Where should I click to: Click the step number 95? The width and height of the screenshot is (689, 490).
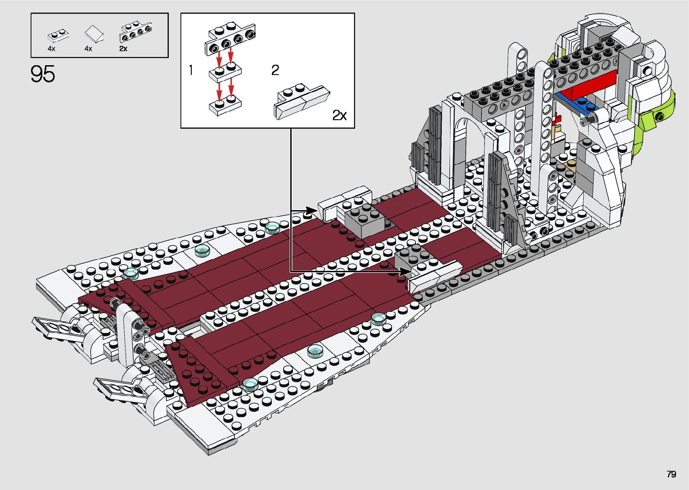coord(43,74)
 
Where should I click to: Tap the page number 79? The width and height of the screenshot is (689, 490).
coord(671,474)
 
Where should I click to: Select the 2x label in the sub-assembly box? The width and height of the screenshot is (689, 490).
coord(340,116)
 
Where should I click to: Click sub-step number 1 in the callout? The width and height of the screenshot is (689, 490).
coord(191,71)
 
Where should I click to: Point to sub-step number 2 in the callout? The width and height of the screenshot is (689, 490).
coord(275,70)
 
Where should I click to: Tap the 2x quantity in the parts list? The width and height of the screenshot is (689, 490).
coord(123,49)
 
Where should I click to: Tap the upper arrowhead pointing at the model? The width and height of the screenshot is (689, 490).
coord(312,210)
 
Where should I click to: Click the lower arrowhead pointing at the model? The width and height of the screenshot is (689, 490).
coord(405,271)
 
